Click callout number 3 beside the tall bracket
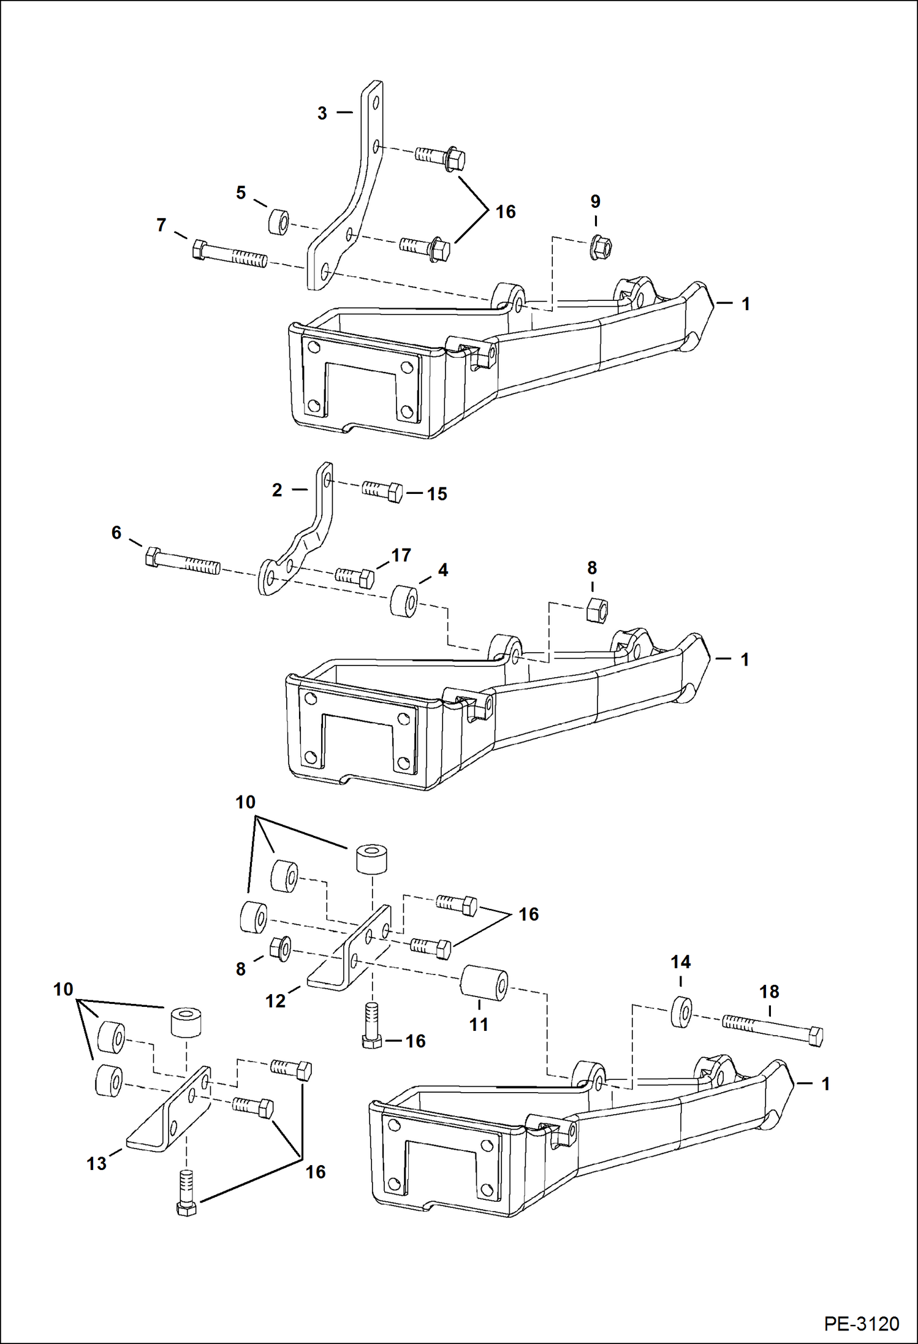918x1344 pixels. click(x=322, y=113)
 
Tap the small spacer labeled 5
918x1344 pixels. click(x=279, y=221)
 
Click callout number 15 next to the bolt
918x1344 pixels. click(x=437, y=494)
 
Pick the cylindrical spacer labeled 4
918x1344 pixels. click(x=404, y=601)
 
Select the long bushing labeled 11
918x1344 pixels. click(x=484, y=983)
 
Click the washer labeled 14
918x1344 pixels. click(x=681, y=1012)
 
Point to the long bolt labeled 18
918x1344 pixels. click(x=772, y=1029)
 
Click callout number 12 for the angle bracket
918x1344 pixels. click(x=275, y=1001)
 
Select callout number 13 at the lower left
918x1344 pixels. click(x=97, y=1163)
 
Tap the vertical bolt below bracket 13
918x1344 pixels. click(x=187, y=1193)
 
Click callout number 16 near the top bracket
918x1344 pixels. click(x=506, y=212)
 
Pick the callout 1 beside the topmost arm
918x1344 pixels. click(x=746, y=304)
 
